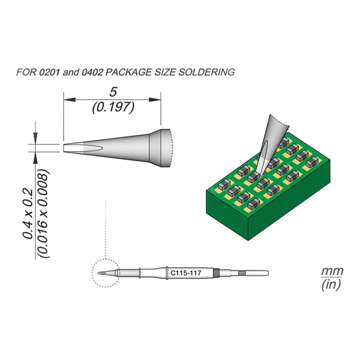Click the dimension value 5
(113, 92)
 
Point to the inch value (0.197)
(113, 108)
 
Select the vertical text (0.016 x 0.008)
(44, 213)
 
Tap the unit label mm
(332, 272)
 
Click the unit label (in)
(332, 284)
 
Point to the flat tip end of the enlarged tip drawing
(66, 148)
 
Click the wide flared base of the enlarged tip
(164, 148)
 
